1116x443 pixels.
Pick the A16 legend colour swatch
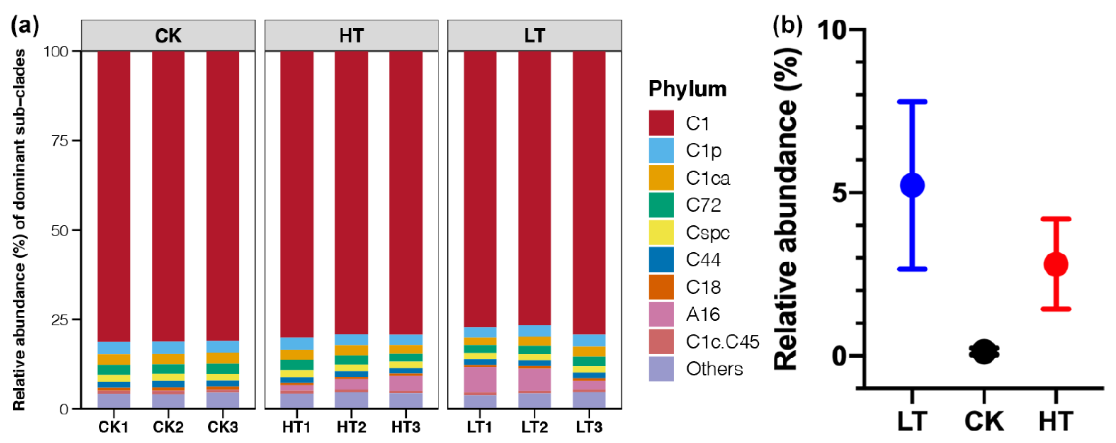click(661, 314)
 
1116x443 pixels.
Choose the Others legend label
click(714, 369)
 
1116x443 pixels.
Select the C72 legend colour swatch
click(661, 205)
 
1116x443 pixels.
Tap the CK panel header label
click(168, 36)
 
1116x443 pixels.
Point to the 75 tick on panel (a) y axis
click(60, 141)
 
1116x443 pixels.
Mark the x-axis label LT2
click(534, 427)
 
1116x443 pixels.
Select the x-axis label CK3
click(223, 427)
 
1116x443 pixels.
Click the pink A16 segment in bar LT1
click(480, 380)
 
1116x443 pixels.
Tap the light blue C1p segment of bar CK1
click(114, 348)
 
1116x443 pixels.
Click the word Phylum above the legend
click(687, 89)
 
